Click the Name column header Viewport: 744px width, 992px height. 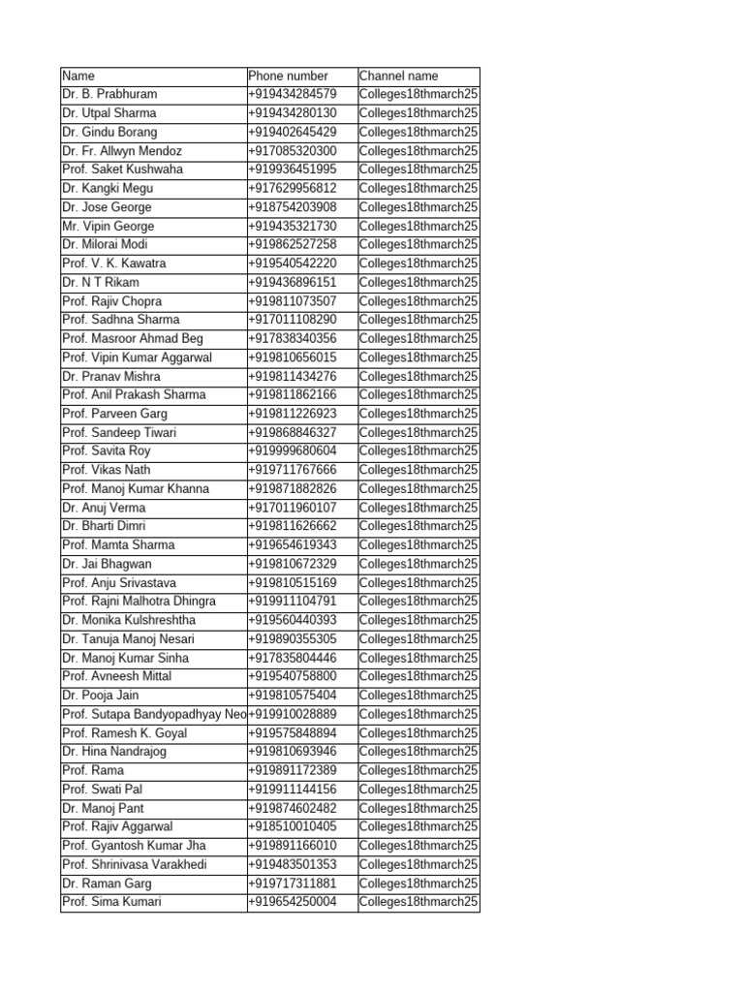(x=78, y=76)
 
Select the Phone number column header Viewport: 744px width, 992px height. (x=288, y=76)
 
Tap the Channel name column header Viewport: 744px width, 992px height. (x=398, y=76)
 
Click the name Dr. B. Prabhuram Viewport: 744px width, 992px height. (x=109, y=94)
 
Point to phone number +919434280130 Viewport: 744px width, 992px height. (x=293, y=113)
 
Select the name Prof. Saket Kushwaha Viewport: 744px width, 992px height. (x=122, y=170)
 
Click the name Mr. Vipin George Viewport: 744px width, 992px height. (x=108, y=226)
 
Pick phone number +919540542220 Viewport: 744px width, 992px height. (x=293, y=263)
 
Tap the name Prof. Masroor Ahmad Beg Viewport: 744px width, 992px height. (x=133, y=338)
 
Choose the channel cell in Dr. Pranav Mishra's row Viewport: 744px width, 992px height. (x=418, y=376)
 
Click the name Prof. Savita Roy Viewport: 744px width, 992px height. (x=107, y=451)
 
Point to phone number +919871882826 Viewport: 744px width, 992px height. (x=293, y=489)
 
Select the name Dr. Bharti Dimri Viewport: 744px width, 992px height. (x=105, y=526)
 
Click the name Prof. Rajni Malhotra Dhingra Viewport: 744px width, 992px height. (x=139, y=602)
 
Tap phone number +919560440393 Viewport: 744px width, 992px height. (x=293, y=620)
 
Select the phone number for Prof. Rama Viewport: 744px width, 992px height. (x=293, y=770)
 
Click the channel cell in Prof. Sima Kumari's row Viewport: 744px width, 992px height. (x=418, y=902)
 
